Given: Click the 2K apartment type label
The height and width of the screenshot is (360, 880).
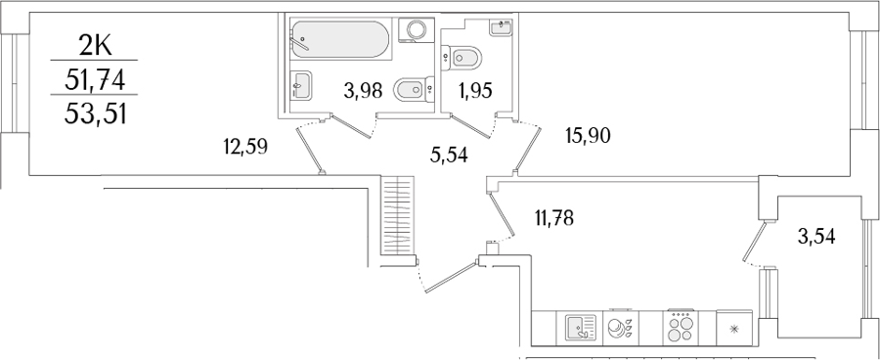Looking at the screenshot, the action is click(95, 45).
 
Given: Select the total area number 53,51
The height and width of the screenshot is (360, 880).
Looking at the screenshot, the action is click(95, 114).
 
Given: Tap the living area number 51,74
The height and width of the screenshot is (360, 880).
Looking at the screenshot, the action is click(94, 82).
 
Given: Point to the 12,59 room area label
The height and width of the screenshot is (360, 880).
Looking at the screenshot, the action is click(245, 147).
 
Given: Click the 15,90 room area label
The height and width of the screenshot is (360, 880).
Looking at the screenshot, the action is click(589, 135).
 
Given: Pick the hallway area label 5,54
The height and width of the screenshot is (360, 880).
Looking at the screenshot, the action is click(449, 155).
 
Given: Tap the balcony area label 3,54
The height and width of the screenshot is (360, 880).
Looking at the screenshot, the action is click(816, 237).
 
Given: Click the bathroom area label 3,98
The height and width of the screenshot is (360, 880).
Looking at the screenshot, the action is click(364, 90).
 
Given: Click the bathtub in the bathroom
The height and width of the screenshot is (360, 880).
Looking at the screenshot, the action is click(340, 39).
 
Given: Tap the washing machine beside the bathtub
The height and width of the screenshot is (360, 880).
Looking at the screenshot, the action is click(416, 29).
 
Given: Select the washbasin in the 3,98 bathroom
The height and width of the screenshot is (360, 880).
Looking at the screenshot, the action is click(301, 86).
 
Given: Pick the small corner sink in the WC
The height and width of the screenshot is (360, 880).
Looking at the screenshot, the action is click(501, 27).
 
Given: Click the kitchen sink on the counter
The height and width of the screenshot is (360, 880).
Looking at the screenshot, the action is click(579, 328).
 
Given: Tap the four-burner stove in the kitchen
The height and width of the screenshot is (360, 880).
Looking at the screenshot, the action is click(680, 328).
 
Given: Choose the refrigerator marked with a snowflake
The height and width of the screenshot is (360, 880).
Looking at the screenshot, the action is click(733, 328).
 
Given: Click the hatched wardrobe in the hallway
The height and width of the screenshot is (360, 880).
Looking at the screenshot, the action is click(397, 215).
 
